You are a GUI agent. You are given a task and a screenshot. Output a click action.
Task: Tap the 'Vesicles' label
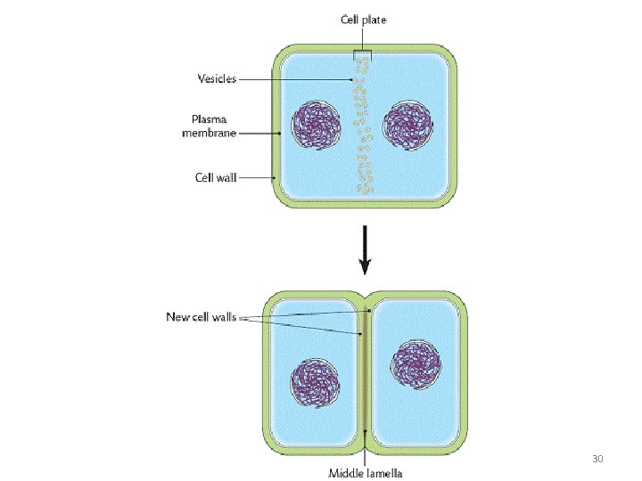[x=217, y=78]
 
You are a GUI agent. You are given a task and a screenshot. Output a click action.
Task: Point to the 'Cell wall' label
[x=216, y=177]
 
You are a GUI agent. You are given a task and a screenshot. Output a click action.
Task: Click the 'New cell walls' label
[x=201, y=315]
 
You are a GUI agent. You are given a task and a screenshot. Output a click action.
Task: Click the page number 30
[x=597, y=459]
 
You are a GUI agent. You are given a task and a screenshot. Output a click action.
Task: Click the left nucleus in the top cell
[x=315, y=126]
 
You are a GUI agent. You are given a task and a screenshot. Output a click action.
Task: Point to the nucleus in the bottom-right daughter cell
[x=416, y=364]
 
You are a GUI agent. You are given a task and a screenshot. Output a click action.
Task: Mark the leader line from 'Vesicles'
[x=294, y=79]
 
